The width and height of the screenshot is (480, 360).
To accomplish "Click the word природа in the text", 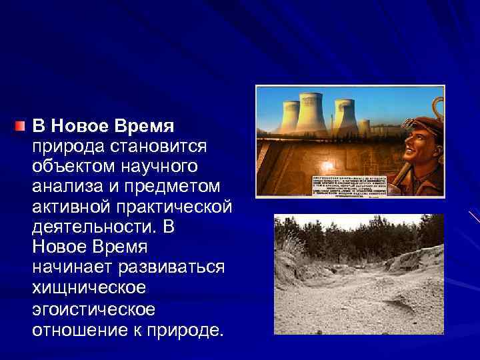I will (x=65, y=145).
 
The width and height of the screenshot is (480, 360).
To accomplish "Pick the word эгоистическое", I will (x=94, y=309).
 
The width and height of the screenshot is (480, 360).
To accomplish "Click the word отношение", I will (x=75, y=330).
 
